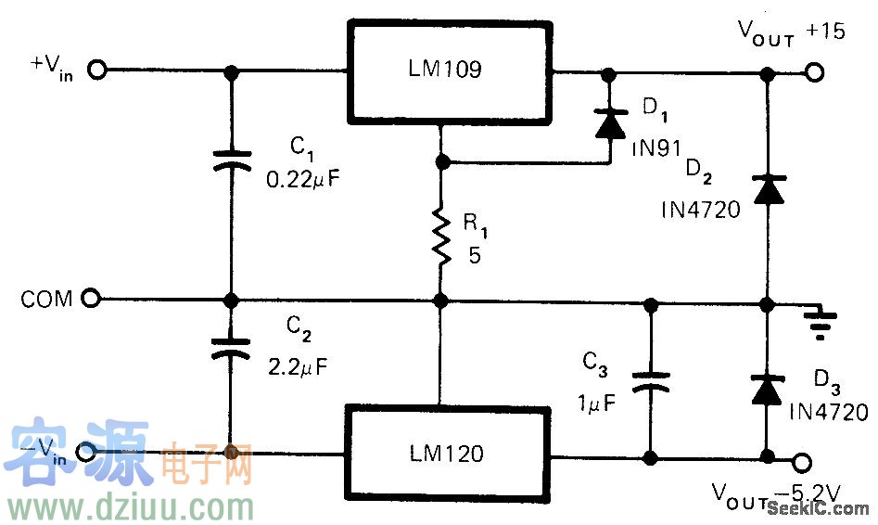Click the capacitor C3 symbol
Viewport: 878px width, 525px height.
[650, 380]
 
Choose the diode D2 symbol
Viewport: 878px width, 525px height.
[766, 189]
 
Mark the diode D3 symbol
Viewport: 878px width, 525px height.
[766, 390]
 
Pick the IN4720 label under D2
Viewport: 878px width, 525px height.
[701, 211]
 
